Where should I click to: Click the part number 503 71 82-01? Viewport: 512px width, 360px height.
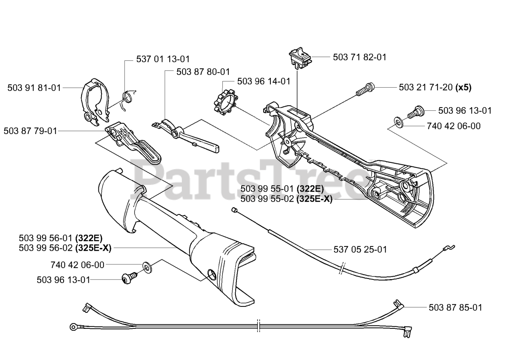360,57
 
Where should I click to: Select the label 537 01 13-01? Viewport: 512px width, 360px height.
163,60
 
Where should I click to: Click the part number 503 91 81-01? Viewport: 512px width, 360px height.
34,88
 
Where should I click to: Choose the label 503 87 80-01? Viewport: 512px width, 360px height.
203,72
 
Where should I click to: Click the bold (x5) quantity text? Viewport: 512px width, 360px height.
463,88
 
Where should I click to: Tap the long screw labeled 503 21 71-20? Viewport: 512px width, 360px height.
365,89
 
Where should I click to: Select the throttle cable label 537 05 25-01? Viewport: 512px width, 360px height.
360,250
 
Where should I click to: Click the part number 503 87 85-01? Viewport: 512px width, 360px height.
455,308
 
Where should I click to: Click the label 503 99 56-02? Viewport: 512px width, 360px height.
46,248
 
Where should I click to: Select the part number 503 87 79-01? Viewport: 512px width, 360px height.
30,131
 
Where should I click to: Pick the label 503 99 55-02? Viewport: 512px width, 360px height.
268,199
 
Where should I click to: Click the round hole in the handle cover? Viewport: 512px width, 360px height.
211,274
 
